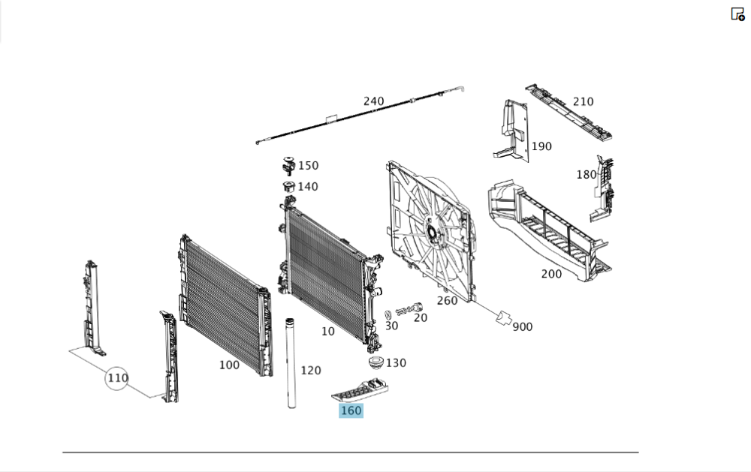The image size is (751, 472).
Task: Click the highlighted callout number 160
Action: pos(351,410)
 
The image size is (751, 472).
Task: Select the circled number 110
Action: pos(117,378)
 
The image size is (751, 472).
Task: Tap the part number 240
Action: pos(373,101)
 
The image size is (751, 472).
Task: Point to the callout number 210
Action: pos(583,101)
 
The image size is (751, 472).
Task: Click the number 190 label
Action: pos(541,146)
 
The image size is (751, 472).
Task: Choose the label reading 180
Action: pos(586,175)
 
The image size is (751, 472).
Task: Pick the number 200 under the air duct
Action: pos(551,274)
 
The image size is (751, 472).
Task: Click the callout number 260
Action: pos(447,301)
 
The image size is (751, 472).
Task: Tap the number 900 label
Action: pos(523,327)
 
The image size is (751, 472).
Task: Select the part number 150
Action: pos(308,166)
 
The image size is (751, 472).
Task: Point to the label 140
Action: pos(308,187)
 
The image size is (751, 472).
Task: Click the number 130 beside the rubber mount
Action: pos(396,363)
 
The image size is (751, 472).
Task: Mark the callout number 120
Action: pos(311,370)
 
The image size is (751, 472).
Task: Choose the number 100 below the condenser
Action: pos(229,365)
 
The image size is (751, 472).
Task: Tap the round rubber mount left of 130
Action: pos(372,363)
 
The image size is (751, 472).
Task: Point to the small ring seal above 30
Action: pos(388,314)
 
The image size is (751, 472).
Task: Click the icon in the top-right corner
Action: pos(737,14)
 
